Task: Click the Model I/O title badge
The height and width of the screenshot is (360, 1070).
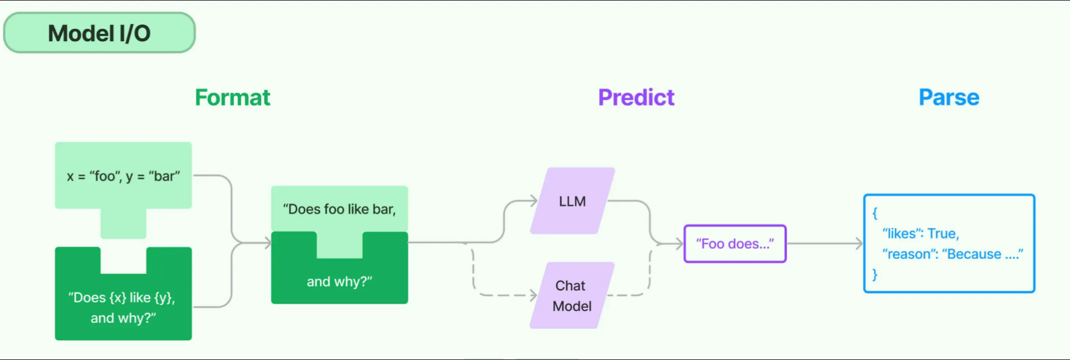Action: point(99,33)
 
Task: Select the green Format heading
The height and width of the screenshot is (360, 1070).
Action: point(232,97)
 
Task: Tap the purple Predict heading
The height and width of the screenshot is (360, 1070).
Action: point(636,97)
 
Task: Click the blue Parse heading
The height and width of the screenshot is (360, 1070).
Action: point(949,97)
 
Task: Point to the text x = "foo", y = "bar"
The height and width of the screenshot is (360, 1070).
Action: point(123,176)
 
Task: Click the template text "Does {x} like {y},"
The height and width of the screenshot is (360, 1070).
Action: point(122,298)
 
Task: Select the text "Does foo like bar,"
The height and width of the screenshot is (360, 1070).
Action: point(339,209)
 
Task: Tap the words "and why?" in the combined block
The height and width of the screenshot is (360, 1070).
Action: point(339,282)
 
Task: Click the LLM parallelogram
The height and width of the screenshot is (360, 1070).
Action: point(572,202)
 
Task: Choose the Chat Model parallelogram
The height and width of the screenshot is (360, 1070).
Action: point(572,296)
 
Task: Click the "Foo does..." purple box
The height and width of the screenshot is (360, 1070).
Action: point(734,244)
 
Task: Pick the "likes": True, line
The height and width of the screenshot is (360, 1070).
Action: point(920,234)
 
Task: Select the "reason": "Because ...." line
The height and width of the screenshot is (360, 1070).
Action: point(952,254)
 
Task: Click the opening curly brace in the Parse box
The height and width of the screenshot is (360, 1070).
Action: point(874,213)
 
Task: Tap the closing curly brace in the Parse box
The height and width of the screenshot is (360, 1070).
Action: point(874,274)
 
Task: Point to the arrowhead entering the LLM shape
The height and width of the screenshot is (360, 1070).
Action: point(534,201)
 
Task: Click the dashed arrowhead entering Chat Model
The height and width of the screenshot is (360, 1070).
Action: point(534,295)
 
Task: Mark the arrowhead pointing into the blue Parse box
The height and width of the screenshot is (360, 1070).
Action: point(859,243)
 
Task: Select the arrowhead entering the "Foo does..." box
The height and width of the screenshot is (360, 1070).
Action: point(679,243)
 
